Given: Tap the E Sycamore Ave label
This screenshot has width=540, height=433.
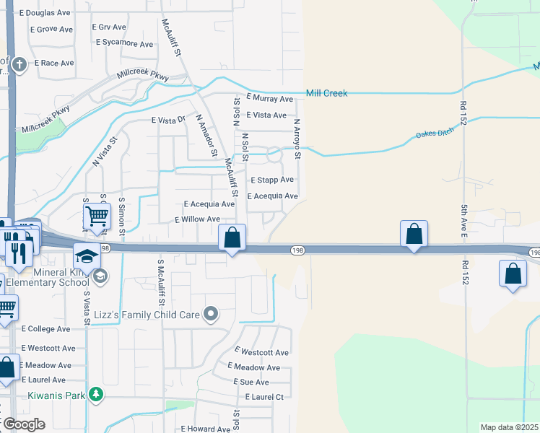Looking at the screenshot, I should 125,43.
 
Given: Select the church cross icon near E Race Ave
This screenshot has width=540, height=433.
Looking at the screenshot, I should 19,64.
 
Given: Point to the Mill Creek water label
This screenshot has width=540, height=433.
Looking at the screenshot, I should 326,93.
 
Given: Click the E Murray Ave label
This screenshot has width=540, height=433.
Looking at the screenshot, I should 269,99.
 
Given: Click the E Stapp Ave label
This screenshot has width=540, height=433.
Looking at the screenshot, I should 272,180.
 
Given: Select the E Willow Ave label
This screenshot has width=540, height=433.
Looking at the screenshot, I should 198,219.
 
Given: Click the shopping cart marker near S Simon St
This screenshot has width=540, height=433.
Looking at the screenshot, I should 97,215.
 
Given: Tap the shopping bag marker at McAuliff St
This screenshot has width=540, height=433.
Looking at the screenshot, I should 232,237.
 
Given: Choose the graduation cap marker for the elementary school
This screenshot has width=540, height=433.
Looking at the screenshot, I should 87,256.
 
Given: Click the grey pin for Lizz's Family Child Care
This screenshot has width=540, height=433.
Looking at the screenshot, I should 211,313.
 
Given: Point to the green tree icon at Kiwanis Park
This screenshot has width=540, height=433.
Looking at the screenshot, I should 95,394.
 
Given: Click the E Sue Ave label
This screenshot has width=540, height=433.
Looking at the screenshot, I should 251,382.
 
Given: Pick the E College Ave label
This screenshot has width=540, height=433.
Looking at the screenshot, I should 45,328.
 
